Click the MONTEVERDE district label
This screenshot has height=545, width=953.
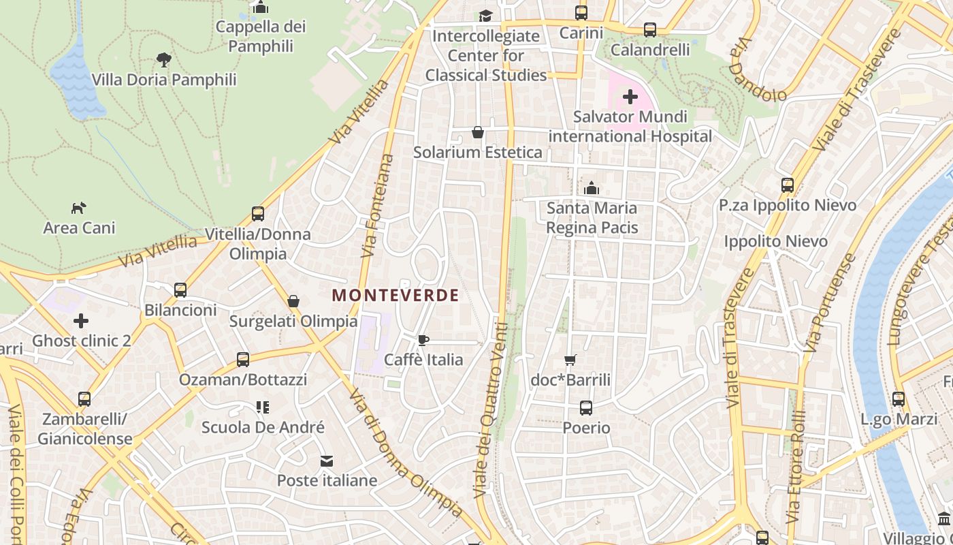coord(395,295)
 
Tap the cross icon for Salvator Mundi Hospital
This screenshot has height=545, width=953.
coord(630,97)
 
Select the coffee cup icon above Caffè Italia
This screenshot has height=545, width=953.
coord(423,340)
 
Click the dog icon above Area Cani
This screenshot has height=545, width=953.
coord(79,208)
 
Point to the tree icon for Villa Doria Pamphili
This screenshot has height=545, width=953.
coord(163,59)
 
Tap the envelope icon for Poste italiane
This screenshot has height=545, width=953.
coord(327,461)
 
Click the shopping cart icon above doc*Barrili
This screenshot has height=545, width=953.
coord(570,360)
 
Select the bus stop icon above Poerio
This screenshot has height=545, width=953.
coord(586,408)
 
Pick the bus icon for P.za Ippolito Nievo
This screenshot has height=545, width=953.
coord(788,185)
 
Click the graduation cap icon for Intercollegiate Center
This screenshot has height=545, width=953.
coord(485,16)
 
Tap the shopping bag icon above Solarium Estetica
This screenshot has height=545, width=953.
coord(478,132)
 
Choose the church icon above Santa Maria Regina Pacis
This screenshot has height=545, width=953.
coord(592,187)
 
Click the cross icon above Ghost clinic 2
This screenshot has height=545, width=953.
coord(81,320)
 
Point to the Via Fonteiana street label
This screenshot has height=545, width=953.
coord(378,206)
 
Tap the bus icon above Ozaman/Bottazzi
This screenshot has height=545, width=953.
coord(243,359)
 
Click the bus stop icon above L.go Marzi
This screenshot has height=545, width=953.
coord(899,399)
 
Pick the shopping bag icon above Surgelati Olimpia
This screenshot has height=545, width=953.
coord(293,300)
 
